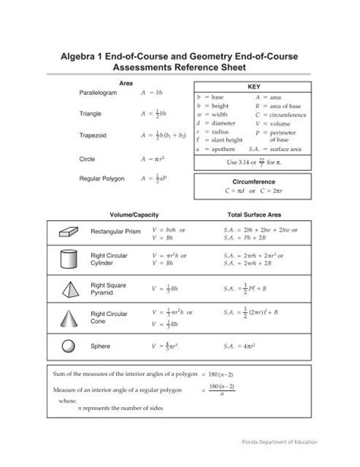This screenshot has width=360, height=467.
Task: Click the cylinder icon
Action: click(63, 259)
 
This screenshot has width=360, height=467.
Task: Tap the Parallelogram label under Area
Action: click(99, 92)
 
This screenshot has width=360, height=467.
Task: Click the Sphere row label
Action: click(101, 346)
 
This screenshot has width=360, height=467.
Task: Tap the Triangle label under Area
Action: click(92, 114)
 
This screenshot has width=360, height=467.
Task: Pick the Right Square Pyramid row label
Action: click(106, 289)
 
